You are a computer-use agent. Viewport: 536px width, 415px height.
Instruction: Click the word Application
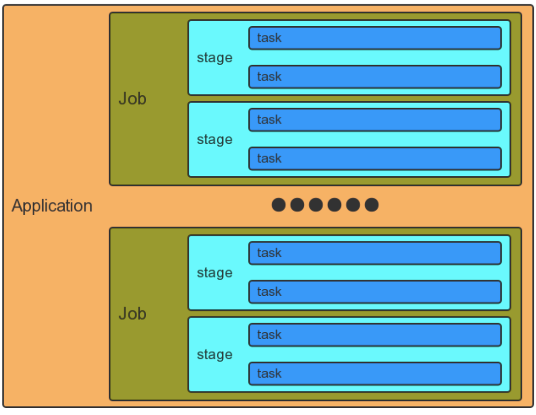pyautogui.click(x=52, y=206)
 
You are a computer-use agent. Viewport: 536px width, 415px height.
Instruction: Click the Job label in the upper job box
pyautogui.click(x=132, y=99)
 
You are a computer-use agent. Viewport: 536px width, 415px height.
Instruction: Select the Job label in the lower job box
pyautogui.click(x=132, y=314)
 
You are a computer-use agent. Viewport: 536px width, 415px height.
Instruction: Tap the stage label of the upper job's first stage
pyautogui.click(x=215, y=58)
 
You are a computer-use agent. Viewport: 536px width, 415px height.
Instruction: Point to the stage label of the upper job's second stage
pyautogui.click(x=215, y=140)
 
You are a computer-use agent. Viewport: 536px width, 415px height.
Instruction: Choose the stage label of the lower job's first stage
pyautogui.click(x=215, y=273)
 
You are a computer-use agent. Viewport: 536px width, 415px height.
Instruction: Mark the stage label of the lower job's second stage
pyautogui.click(x=215, y=355)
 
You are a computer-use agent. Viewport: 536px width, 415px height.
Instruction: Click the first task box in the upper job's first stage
pyautogui.click(x=375, y=38)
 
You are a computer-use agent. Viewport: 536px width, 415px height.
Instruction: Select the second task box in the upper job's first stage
pyautogui.click(x=375, y=77)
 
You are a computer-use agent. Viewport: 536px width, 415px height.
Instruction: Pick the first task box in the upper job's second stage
pyautogui.click(x=375, y=120)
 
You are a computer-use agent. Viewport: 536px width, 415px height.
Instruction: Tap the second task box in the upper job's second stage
pyautogui.click(x=375, y=159)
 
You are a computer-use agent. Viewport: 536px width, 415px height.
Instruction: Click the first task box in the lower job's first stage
pyautogui.click(x=375, y=253)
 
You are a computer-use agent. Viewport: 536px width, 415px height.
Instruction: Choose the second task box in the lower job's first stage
pyautogui.click(x=375, y=292)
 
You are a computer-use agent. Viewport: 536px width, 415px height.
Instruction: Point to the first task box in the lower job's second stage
pyautogui.click(x=375, y=335)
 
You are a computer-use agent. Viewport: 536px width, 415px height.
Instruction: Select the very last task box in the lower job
pyautogui.click(x=375, y=374)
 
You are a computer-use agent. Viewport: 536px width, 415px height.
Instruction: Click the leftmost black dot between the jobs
pyautogui.click(x=278, y=205)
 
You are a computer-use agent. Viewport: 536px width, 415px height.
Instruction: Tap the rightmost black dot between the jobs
pyautogui.click(x=372, y=205)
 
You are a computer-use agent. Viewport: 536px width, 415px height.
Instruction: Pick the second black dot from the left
pyautogui.click(x=297, y=205)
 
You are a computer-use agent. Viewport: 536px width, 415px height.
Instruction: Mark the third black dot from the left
pyautogui.click(x=316, y=205)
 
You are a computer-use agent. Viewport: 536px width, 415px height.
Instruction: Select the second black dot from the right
pyautogui.click(x=353, y=205)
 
